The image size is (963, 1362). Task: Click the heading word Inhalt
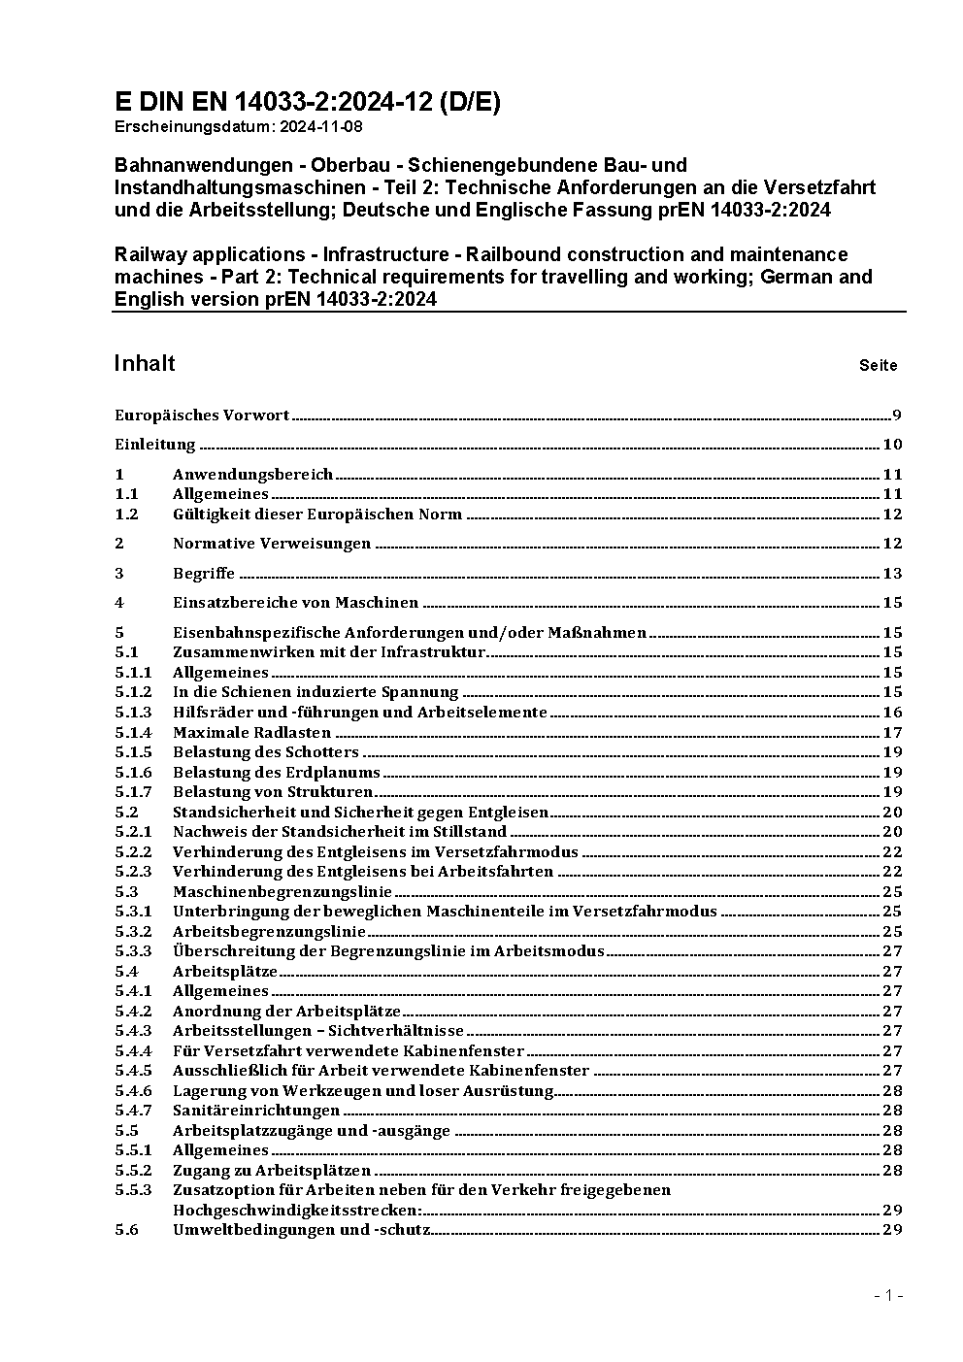coord(145,363)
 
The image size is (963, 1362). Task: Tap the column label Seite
coord(878,366)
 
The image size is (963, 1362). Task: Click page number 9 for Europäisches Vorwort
coord(898,415)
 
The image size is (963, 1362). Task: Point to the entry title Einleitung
coord(155,445)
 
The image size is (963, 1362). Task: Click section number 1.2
coord(126,514)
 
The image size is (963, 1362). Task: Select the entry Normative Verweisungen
coord(272,544)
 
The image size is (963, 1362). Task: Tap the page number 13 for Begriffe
coord(892,573)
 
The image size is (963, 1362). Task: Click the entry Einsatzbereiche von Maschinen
coord(295,603)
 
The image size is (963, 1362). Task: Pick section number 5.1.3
coord(133,712)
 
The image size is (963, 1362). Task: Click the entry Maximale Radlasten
coord(251,732)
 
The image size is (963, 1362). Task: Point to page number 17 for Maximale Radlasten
coord(892,732)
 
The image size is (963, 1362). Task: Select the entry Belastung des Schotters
coord(265,752)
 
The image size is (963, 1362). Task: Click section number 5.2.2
coord(133,851)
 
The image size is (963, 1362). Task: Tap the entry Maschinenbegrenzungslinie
coord(282,891)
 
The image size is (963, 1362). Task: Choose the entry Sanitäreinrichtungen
coord(256,1111)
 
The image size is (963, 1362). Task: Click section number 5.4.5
coord(133,1071)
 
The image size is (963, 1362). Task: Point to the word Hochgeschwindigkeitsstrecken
coord(297,1210)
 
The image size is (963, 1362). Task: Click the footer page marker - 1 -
coord(888,1295)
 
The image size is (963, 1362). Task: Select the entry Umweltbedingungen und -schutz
coord(301,1230)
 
